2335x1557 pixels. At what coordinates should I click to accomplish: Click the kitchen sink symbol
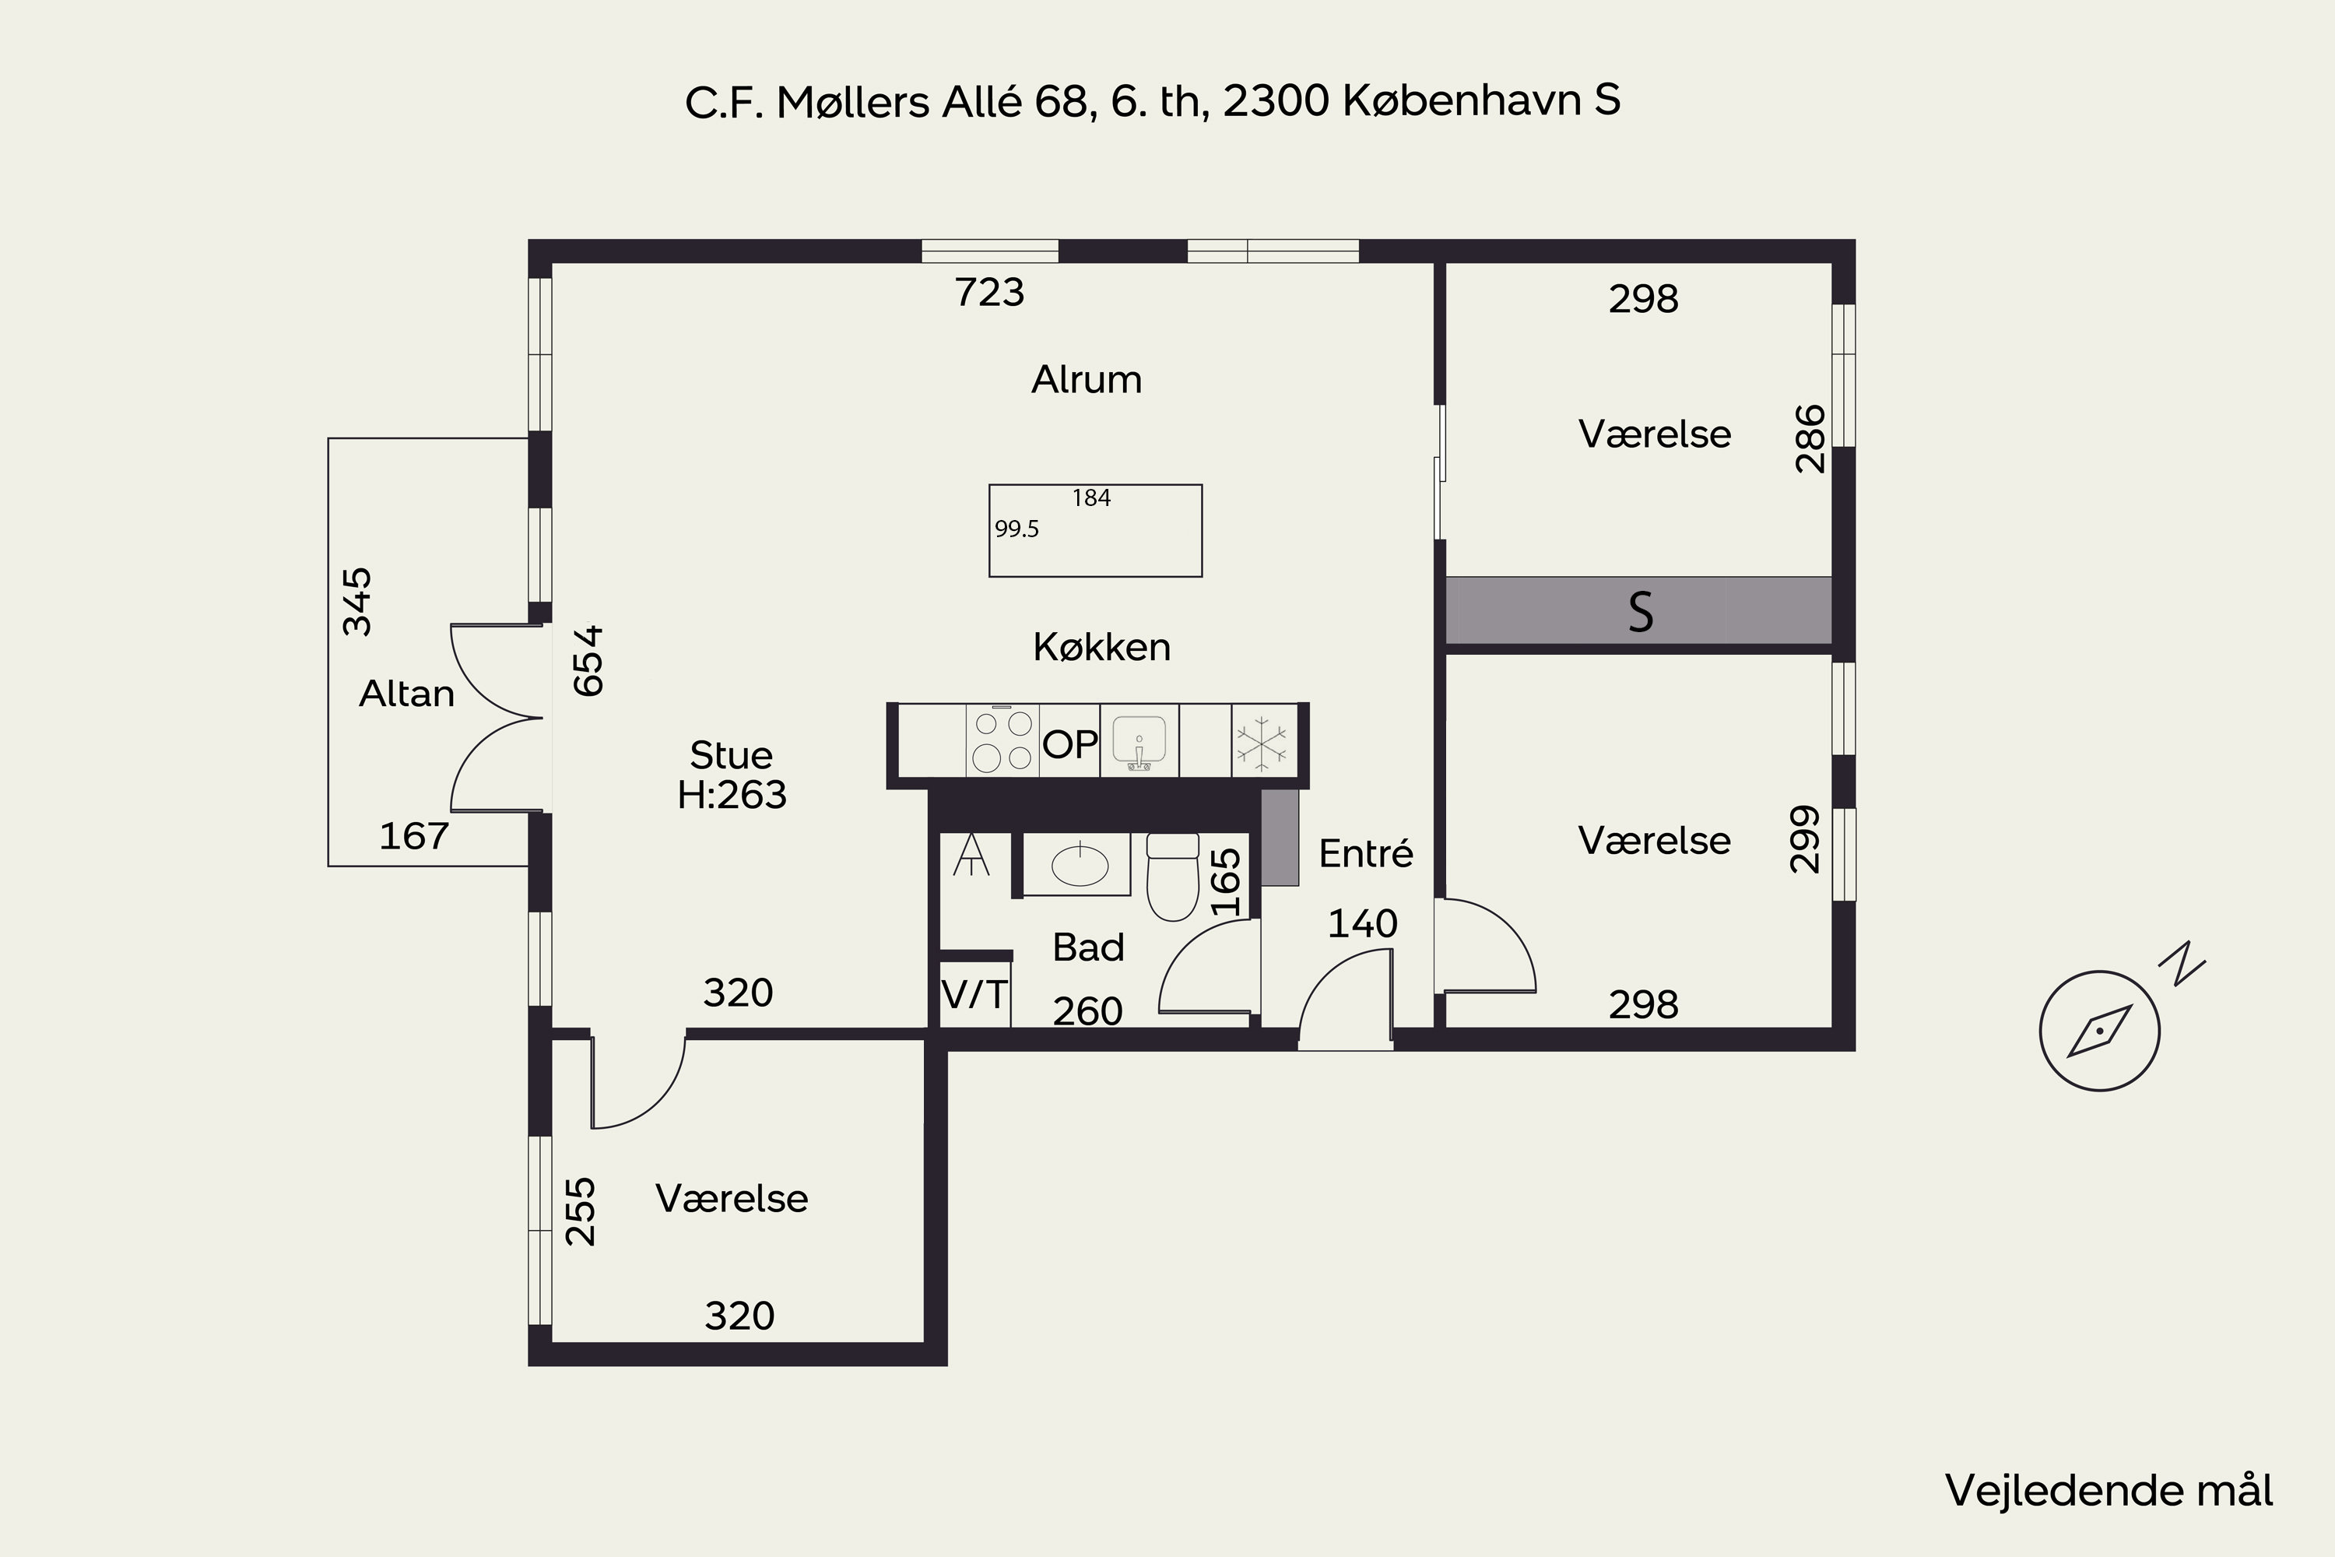[x=1139, y=741]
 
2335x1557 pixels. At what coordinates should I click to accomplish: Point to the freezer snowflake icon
[x=1262, y=741]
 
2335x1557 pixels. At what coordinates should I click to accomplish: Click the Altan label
[x=407, y=693]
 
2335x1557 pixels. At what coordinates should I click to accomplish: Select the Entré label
[x=1366, y=853]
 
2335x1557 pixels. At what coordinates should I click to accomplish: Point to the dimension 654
[x=588, y=660]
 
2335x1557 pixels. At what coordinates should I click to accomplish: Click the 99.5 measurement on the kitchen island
[x=1017, y=529]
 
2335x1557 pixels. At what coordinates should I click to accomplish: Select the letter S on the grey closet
[x=1640, y=612]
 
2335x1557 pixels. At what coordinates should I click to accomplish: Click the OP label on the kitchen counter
[x=1070, y=743]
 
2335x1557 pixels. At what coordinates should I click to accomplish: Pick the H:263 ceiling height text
[x=732, y=794]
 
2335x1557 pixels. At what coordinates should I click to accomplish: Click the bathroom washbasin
[x=1078, y=864]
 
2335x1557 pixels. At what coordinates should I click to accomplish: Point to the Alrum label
[x=1087, y=379]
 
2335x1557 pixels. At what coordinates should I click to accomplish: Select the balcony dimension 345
[x=356, y=602]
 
